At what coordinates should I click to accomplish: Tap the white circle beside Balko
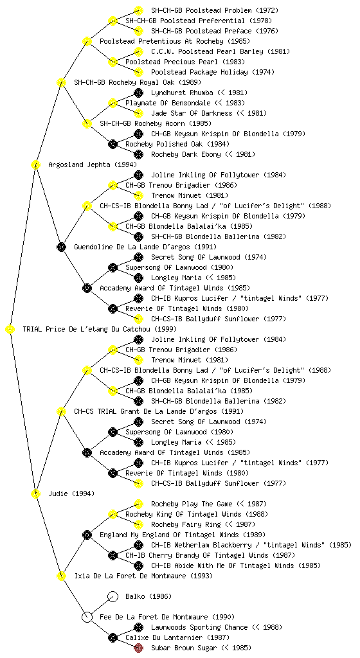click(113, 596)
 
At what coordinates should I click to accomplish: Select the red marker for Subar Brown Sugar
click(138, 648)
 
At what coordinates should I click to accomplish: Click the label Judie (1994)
click(71, 493)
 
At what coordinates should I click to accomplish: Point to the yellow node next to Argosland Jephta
click(35, 164)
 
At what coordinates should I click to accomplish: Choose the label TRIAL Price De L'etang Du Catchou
click(100, 329)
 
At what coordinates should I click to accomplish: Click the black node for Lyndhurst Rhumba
click(138, 93)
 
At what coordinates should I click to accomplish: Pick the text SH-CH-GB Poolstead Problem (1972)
click(215, 10)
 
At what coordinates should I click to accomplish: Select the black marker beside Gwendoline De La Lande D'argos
click(61, 247)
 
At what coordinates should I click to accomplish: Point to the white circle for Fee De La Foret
click(87, 617)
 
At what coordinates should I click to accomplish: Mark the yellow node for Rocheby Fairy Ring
click(138, 524)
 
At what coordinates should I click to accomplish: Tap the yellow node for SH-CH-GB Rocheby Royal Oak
click(61, 82)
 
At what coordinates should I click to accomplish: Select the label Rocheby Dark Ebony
click(186, 154)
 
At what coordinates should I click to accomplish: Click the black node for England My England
click(87, 535)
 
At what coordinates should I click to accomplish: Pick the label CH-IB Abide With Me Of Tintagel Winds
click(223, 565)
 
